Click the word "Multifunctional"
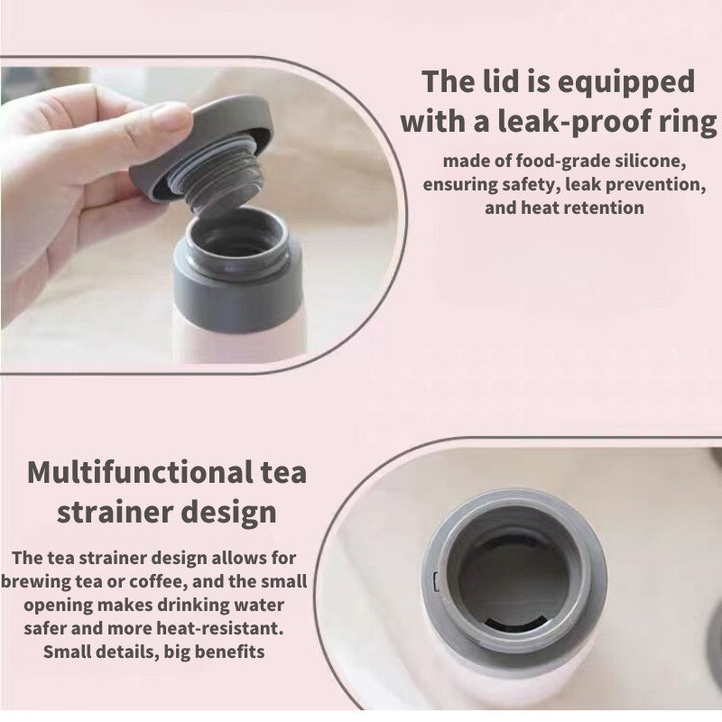(x=137, y=473)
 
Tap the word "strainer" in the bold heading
(x=120, y=513)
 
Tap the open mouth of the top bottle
(x=238, y=236)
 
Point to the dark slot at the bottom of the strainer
(x=515, y=623)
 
